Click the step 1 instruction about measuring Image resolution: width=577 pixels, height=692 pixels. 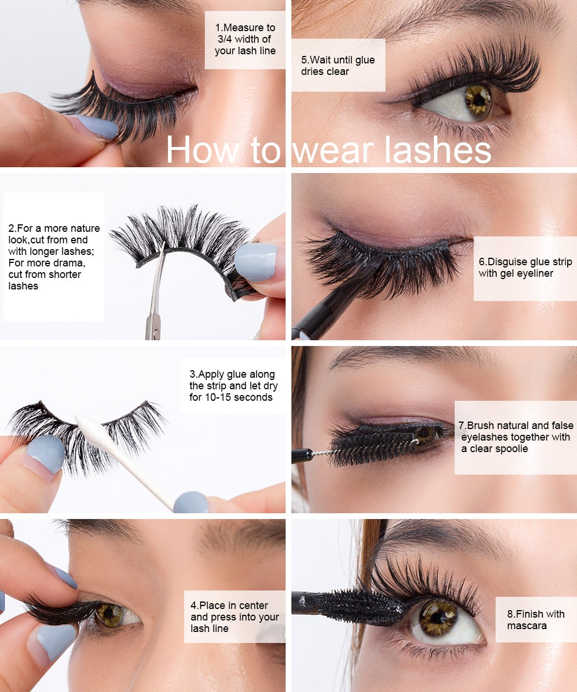click(x=245, y=39)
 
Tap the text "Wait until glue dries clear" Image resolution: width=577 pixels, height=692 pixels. click(x=338, y=66)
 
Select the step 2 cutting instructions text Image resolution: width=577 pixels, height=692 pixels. click(x=54, y=257)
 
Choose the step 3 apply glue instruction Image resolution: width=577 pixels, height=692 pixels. click(x=232, y=386)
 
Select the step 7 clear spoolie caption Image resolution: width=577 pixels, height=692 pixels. click(x=515, y=437)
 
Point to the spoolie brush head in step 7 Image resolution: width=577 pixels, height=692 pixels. click(x=369, y=447)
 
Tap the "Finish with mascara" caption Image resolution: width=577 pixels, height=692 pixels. click(x=535, y=620)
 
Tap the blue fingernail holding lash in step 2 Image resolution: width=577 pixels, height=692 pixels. click(x=256, y=261)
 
